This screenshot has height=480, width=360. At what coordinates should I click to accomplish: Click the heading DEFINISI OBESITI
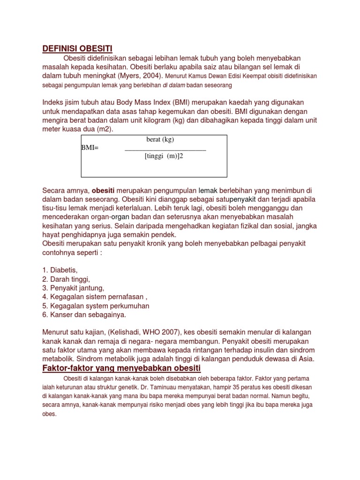[77, 49]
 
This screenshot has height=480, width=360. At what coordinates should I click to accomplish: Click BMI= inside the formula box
[90, 148]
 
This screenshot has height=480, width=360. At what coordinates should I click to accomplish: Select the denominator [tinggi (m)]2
[163, 156]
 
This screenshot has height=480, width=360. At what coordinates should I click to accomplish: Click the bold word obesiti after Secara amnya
[106, 191]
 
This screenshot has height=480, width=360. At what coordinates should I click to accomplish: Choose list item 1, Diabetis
[60, 270]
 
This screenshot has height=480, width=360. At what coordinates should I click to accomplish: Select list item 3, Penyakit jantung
[73, 288]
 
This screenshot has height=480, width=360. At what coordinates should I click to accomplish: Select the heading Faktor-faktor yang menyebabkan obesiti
[121, 367]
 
